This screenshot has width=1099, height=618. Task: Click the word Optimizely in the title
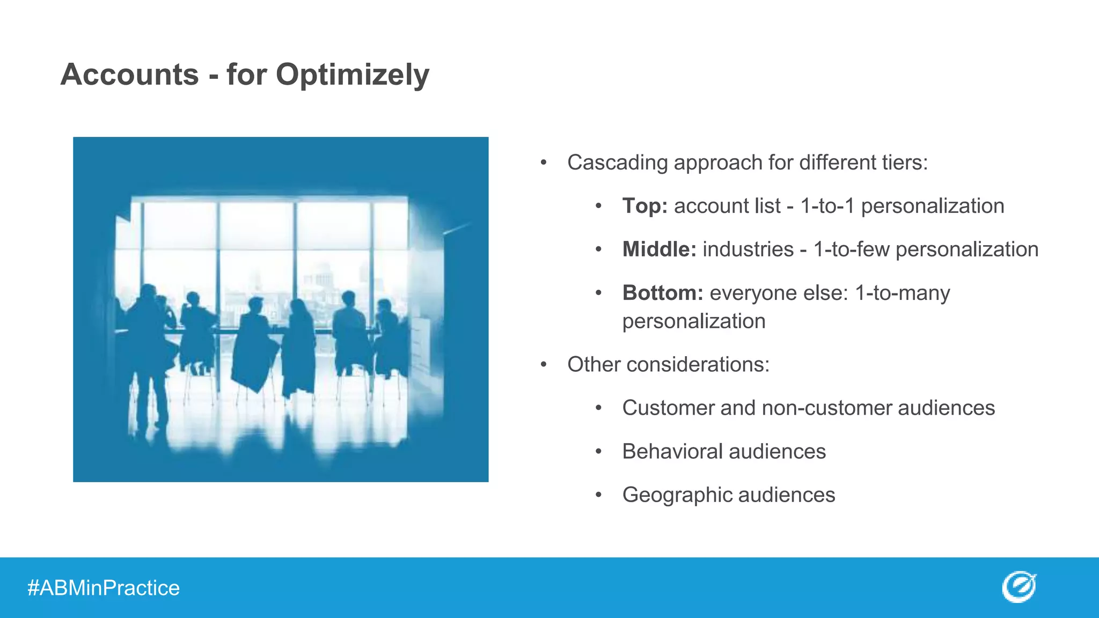pyautogui.click(x=352, y=75)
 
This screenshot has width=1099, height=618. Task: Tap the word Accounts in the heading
pyautogui.click(x=130, y=75)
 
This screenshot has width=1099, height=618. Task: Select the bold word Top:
pyautogui.click(x=644, y=206)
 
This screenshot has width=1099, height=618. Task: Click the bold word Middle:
pyautogui.click(x=659, y=249)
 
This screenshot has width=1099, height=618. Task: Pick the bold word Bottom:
pyautogui.click(x=662, y=293)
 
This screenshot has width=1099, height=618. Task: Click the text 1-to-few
pyautogui.click(x=851, y=249)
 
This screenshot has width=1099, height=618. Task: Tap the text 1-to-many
pyautogui.click(x=902, y=293)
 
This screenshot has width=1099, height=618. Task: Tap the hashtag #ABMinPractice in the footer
pyautogui.click(x=104, y=588)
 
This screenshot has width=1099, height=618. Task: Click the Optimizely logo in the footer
pyautogui.click(x=1019, y=587)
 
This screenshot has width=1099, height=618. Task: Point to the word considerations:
pyautogui.click(x=698, y=365)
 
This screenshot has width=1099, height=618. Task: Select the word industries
pyautogui.click(x=748, y=249)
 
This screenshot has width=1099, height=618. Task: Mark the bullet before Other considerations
pyautogui.click(x=544, y=365)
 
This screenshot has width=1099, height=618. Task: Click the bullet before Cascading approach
pyautogui.click(x=544, y=163)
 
